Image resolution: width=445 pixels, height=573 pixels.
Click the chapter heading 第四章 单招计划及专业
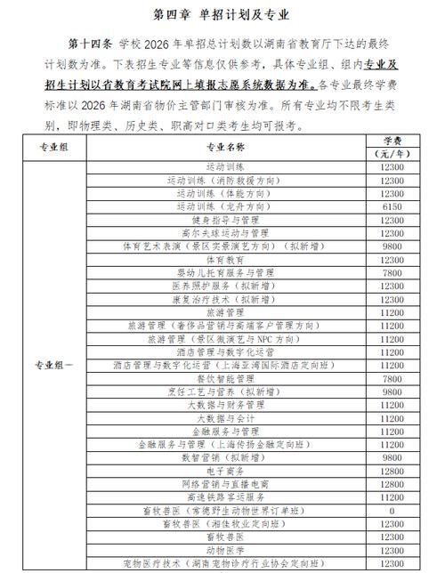222,15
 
